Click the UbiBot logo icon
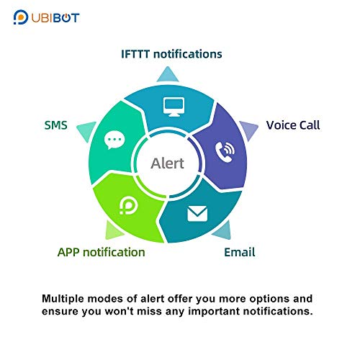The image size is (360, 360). coord(21,17)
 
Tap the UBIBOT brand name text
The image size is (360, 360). coord(55,18)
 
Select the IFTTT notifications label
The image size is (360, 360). coord(171,54)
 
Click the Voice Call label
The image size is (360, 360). coord(293,125)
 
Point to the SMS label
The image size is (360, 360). coord(55,125)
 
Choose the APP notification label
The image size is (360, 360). coord(102,253)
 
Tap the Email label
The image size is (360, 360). coord(240,253)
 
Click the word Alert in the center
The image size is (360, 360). coord(167,163)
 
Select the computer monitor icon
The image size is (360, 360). coord(174,107)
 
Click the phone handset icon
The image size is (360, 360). coord(225,152)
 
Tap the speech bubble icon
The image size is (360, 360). coord(114,140)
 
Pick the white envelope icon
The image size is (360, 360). coord(197,214)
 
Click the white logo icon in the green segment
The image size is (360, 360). coord(128,205)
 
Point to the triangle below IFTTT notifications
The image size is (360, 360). coord(168,76)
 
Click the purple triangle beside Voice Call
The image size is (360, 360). coord(249,129)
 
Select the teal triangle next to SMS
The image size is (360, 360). coord(86,130)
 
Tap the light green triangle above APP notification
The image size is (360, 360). coord(113,231)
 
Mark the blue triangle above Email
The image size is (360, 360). coord(223,231)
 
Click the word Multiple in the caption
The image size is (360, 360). coord(63,299)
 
